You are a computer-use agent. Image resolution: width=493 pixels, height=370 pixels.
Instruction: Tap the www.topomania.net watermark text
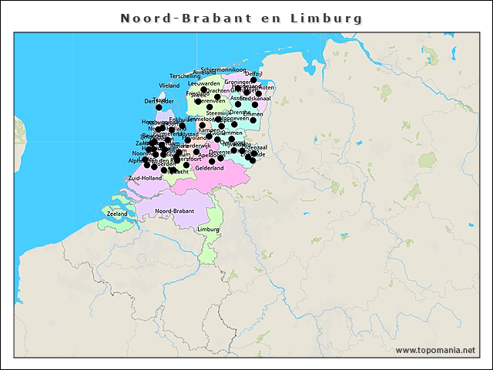pos(435,350)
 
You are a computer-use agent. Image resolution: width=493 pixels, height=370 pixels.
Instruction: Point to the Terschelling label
pos(185,76)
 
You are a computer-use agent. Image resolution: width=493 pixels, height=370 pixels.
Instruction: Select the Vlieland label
pos(169,86)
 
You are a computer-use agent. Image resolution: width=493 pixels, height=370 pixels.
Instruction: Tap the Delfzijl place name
pos(253,73)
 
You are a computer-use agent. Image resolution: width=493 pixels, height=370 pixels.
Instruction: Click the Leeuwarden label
pos(204,83)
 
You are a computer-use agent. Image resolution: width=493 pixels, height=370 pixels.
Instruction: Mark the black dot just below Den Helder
pos(159,107)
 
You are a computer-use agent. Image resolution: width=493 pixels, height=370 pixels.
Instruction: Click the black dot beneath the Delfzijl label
pos(253,79)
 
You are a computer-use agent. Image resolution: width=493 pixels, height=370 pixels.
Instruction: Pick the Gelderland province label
pos(210,168)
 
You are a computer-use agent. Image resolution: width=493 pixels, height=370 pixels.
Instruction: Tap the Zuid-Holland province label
pos(144,178)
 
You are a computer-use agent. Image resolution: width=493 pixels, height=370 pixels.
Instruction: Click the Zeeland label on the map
pos(118,213)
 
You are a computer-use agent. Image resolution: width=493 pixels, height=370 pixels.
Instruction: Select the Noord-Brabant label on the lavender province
pos(174,210)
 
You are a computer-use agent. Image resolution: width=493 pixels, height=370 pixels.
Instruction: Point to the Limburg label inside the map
pos(209,230)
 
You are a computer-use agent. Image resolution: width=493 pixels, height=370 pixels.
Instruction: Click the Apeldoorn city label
pos(210,155)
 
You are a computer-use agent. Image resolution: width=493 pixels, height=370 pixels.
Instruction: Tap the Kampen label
pos(209,129)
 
